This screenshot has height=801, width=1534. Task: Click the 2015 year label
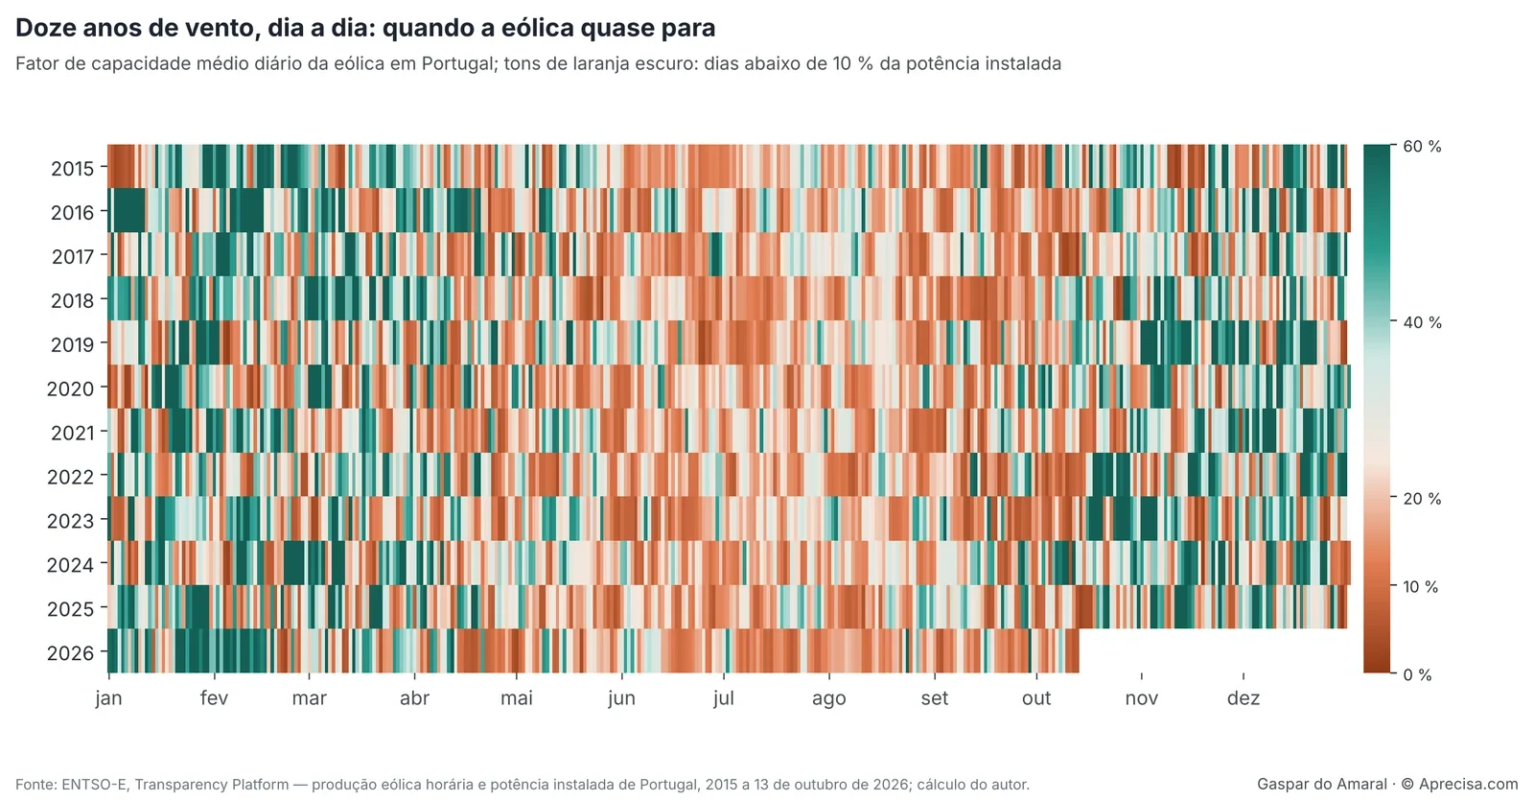[x=72, y=168]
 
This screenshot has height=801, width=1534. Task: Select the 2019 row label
[x=72, y=344]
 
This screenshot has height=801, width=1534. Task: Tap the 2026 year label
[x=70, y=652]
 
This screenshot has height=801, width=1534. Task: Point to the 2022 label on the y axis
[x=70, y=476]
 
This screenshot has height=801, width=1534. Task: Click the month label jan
[x=109, y=698]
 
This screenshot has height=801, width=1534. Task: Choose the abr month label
[x=414, y=698]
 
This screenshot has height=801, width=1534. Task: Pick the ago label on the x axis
[x=828, y=699]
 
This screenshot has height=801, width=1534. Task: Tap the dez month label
[x=1243, y=698]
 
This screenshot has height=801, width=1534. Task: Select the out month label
[x=1036, y=698]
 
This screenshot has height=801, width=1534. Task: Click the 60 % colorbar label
[x=1423, y=146]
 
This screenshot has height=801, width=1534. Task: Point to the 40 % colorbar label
[x=1423, y=322]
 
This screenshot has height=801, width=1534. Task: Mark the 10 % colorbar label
[x=1421, y=586]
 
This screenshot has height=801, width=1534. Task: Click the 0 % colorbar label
[x=1418, y=675]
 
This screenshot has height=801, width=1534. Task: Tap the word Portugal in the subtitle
[x=458, y=63]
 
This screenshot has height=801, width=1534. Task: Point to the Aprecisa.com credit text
[x=1468, y=784]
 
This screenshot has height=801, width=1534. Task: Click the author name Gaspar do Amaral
[x=1322, y=784]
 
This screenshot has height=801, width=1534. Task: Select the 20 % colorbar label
[x=1423, y=498]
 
